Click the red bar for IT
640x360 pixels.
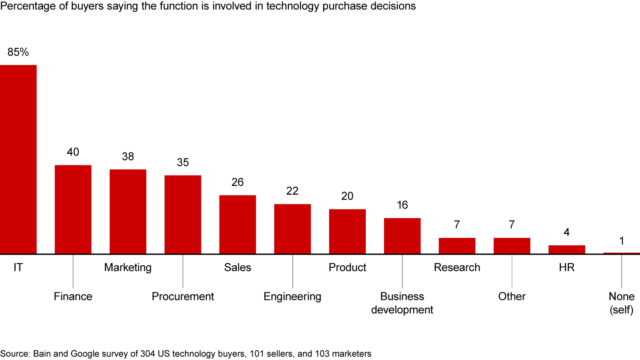(x=18, y=159)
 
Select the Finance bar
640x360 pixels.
(x=73, y=209)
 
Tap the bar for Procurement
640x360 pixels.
(x=183, y=214)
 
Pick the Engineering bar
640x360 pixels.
(x=292, y=229)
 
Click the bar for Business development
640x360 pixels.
(x=402, y=236)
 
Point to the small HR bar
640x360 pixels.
(x=567, y=249)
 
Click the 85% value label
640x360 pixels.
(x=18, y=52)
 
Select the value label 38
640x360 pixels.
(x=128, y=157)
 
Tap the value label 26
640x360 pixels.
(x=238, y=183)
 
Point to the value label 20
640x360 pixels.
(x=348, y=196)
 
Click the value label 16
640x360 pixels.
(x=402, y=205)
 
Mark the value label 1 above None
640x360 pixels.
(x=622, y=241)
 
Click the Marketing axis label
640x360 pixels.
(x=128, y=268)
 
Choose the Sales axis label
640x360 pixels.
(x=238, y=268)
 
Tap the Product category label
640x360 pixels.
(x=348, y=268)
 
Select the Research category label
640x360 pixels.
(x=457, y=268)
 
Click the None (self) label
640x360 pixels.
(x=622, y=303)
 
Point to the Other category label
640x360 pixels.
(x=512, y=296)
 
